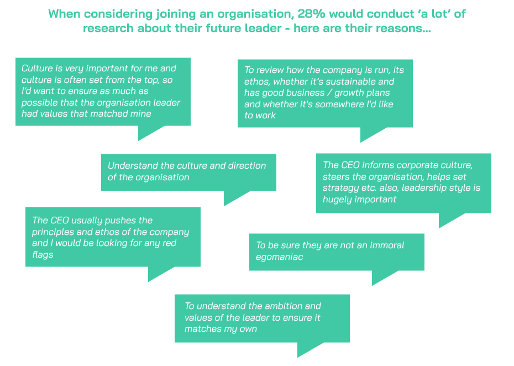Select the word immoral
tap(384, 245)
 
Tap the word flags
tap(43, 255)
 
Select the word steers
tap(335, 177)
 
